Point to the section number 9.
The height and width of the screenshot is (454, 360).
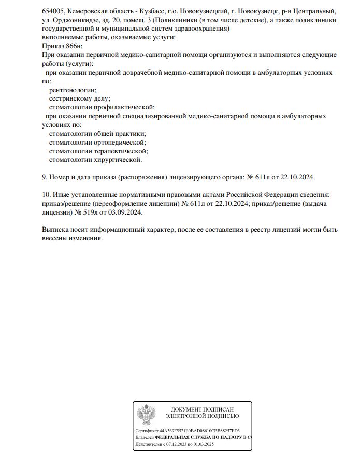(44, 177)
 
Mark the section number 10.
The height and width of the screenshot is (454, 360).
(45, 194)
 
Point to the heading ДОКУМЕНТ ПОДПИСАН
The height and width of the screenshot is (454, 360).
(202, 409)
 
